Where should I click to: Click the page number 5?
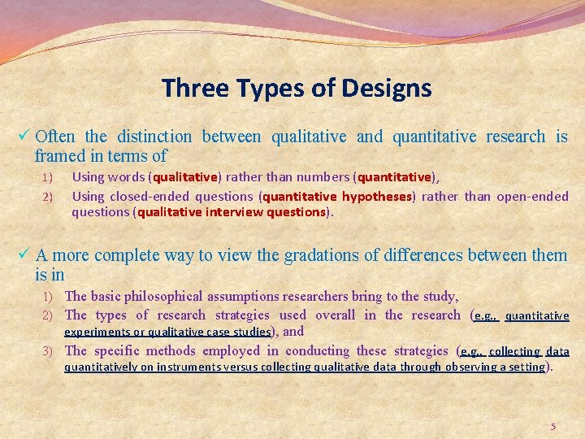[x=553, y=426]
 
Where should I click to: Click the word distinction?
[x=154, y=137]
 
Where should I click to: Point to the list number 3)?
[x=48, y=351]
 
